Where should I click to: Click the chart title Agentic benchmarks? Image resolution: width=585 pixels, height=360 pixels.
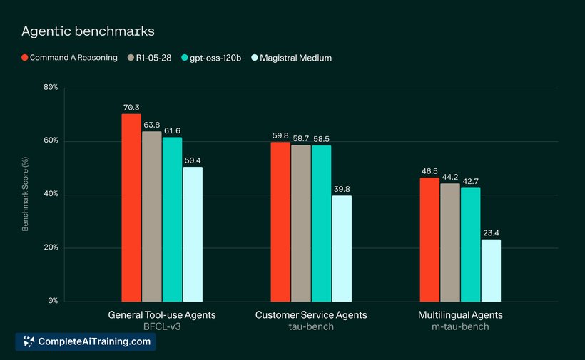(x=88, y=31)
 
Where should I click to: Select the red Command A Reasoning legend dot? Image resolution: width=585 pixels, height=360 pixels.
(x=25, y=58)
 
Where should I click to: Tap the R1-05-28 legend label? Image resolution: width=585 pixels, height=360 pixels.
(x=153, y=58)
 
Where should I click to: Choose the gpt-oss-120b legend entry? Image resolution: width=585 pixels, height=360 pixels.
(x=211, y=58)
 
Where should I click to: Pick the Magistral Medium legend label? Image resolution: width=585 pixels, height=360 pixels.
(x=296, y=58)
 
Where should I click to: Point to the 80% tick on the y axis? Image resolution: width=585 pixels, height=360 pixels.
(x=51, y=87)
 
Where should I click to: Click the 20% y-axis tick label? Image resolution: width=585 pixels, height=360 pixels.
(x=51, y=247)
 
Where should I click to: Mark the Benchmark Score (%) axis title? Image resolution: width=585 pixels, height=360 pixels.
(x=25, y=194)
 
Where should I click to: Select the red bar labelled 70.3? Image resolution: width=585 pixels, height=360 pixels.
(x=131, y=207)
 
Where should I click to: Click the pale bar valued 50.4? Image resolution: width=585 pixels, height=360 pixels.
(x=193, y=234)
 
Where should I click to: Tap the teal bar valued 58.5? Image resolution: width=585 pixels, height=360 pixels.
(x=321, y=223)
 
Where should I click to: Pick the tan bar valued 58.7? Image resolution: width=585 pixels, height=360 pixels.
(x=301, y=223)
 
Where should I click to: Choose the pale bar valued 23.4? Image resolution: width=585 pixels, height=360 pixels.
(x=491, y=270)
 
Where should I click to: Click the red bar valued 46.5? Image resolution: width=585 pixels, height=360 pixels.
(x=429, y=240)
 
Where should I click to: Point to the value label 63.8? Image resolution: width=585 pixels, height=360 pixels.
(x=152, y=125)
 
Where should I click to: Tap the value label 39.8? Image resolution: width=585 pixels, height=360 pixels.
(x=342, y=189)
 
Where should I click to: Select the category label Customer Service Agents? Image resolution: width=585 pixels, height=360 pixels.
(x=311, y=315)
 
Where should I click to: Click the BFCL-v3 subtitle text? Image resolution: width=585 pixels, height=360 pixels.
(x=162, y=326)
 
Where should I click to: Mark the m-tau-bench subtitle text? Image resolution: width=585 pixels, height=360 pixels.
(x=460, y=326)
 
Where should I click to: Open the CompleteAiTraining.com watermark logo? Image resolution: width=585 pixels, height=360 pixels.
(x=86, y=341)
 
